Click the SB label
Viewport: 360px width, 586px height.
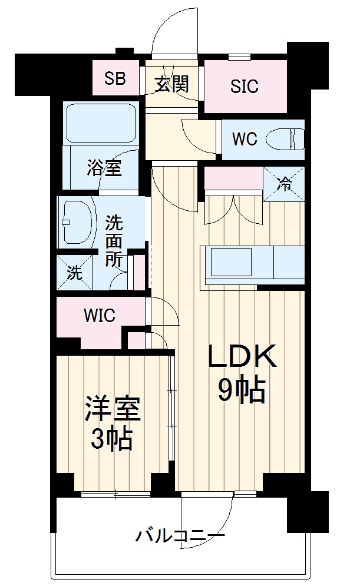tap(115, 79)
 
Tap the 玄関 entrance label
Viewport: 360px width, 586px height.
tap(171, 84)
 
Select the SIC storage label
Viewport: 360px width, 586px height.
tap(245, 87)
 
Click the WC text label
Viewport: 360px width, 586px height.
tap(245, 139)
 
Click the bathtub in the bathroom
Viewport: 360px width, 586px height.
tap(101, 123)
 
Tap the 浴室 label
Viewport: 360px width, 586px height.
tap(104, 168)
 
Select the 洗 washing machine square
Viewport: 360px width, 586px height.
tap(74, 272)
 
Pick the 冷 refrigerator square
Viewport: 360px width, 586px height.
tap(284, 184)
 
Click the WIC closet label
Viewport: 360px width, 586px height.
tap(100, 316)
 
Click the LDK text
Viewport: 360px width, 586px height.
tap(242, 356)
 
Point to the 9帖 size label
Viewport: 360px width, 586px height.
tap(242, 390)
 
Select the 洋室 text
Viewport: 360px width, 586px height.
tap(113, 409)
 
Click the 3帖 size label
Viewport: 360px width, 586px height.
tap(112, 439)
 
